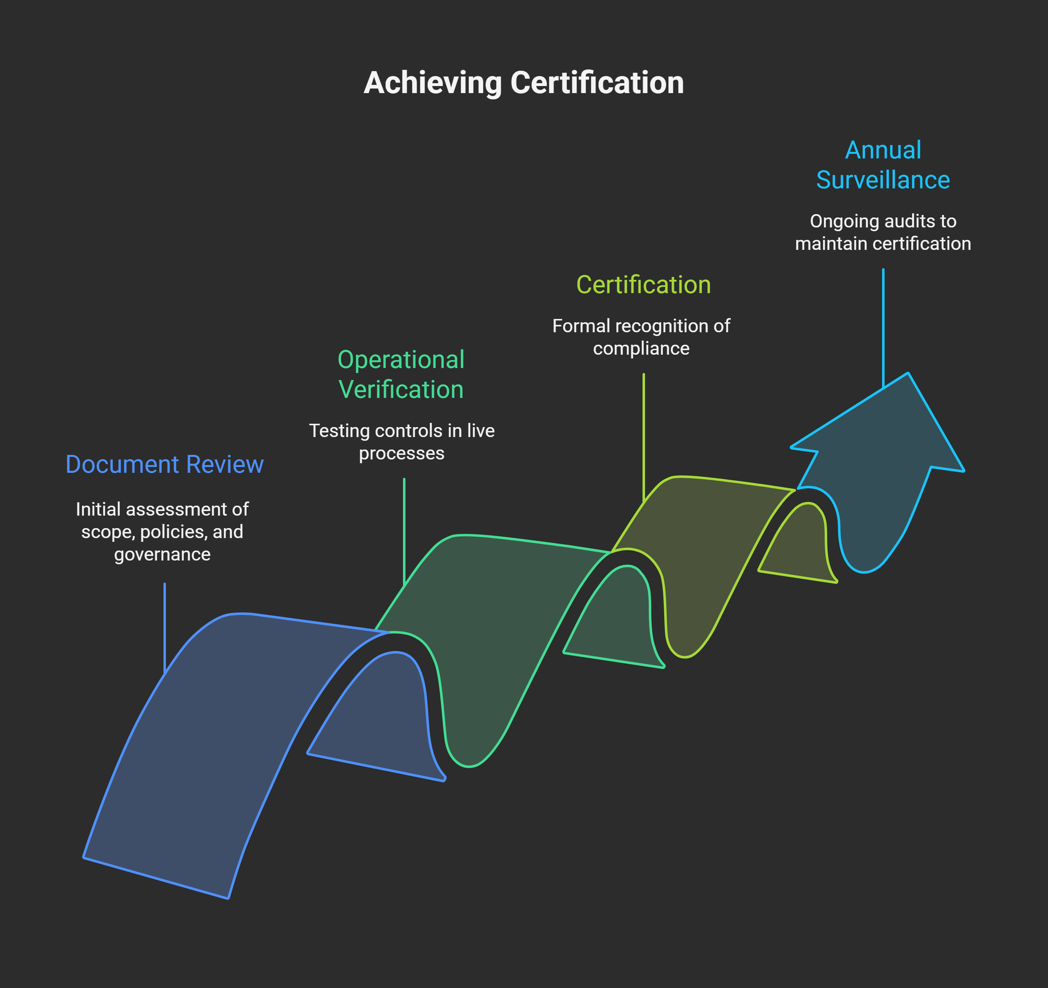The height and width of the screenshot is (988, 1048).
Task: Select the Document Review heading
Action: (x=164, y=464)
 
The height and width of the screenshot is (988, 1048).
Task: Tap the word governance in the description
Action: (x=162, y=554)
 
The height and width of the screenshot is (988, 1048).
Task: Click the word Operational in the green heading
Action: (x=401, y=360)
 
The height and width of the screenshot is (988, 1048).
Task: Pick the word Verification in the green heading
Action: (x=401, y=389)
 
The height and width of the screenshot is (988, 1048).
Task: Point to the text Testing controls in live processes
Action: (x=402, y=442)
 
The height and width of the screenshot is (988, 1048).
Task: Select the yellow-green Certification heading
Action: (x=643, y=285)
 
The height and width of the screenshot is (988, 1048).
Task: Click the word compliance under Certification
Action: (x=641, y=348)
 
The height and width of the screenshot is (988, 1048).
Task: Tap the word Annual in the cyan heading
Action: (x=883, y=150)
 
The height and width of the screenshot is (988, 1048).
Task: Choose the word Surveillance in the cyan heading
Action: (x=883, y=180)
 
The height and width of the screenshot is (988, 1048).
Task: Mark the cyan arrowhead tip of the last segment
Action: (x=908, y=374)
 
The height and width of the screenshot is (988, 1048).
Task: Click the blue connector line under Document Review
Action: (x=164, y=628)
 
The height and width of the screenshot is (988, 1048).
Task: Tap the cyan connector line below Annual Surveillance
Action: (x=883, y=327)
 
